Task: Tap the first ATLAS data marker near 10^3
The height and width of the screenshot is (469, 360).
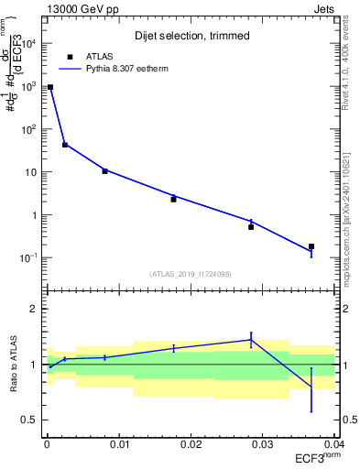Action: point(49,87)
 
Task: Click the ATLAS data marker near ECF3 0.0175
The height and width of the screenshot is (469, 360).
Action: point(173,199)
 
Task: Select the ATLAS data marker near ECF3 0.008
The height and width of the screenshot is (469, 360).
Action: point(104,170)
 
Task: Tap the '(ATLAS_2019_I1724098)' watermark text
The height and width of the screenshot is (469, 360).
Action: point(190,273)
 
